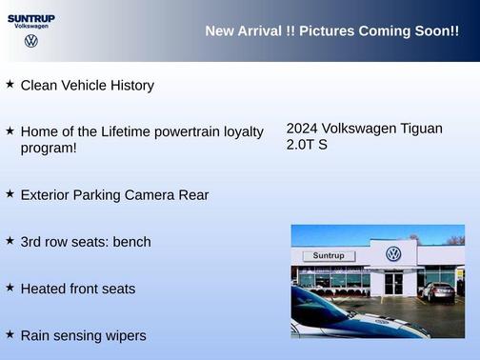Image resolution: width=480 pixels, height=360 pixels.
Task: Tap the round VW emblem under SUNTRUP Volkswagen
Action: tap(31, 41)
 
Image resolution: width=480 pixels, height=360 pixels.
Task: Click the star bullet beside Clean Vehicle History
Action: tap(10, 85)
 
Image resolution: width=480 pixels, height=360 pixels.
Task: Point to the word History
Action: tap(129, 86)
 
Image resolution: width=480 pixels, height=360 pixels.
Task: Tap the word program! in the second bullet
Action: tap(49, 148)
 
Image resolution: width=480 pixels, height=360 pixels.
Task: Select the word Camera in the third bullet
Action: tap(149, 195)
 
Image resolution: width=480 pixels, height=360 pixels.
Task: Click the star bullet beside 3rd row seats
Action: tap(10, 241)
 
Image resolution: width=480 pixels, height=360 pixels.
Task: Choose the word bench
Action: tap(131, 242)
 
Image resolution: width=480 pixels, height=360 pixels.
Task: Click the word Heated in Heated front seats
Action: tap(44, 289)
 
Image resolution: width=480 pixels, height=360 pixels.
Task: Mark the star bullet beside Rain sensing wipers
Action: tap(10, 334)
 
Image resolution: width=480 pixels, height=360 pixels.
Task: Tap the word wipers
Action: tap(124, 335)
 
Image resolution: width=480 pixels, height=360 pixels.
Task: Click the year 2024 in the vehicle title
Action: tap(302, 129)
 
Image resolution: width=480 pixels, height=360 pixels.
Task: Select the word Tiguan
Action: tap(418, 129)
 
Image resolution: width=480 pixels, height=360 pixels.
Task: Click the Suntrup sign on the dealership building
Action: tap(328, 256)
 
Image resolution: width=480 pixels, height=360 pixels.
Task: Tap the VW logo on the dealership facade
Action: tap(393, 254)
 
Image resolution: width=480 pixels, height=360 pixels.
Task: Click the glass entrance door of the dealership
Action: tap(394, 282)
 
